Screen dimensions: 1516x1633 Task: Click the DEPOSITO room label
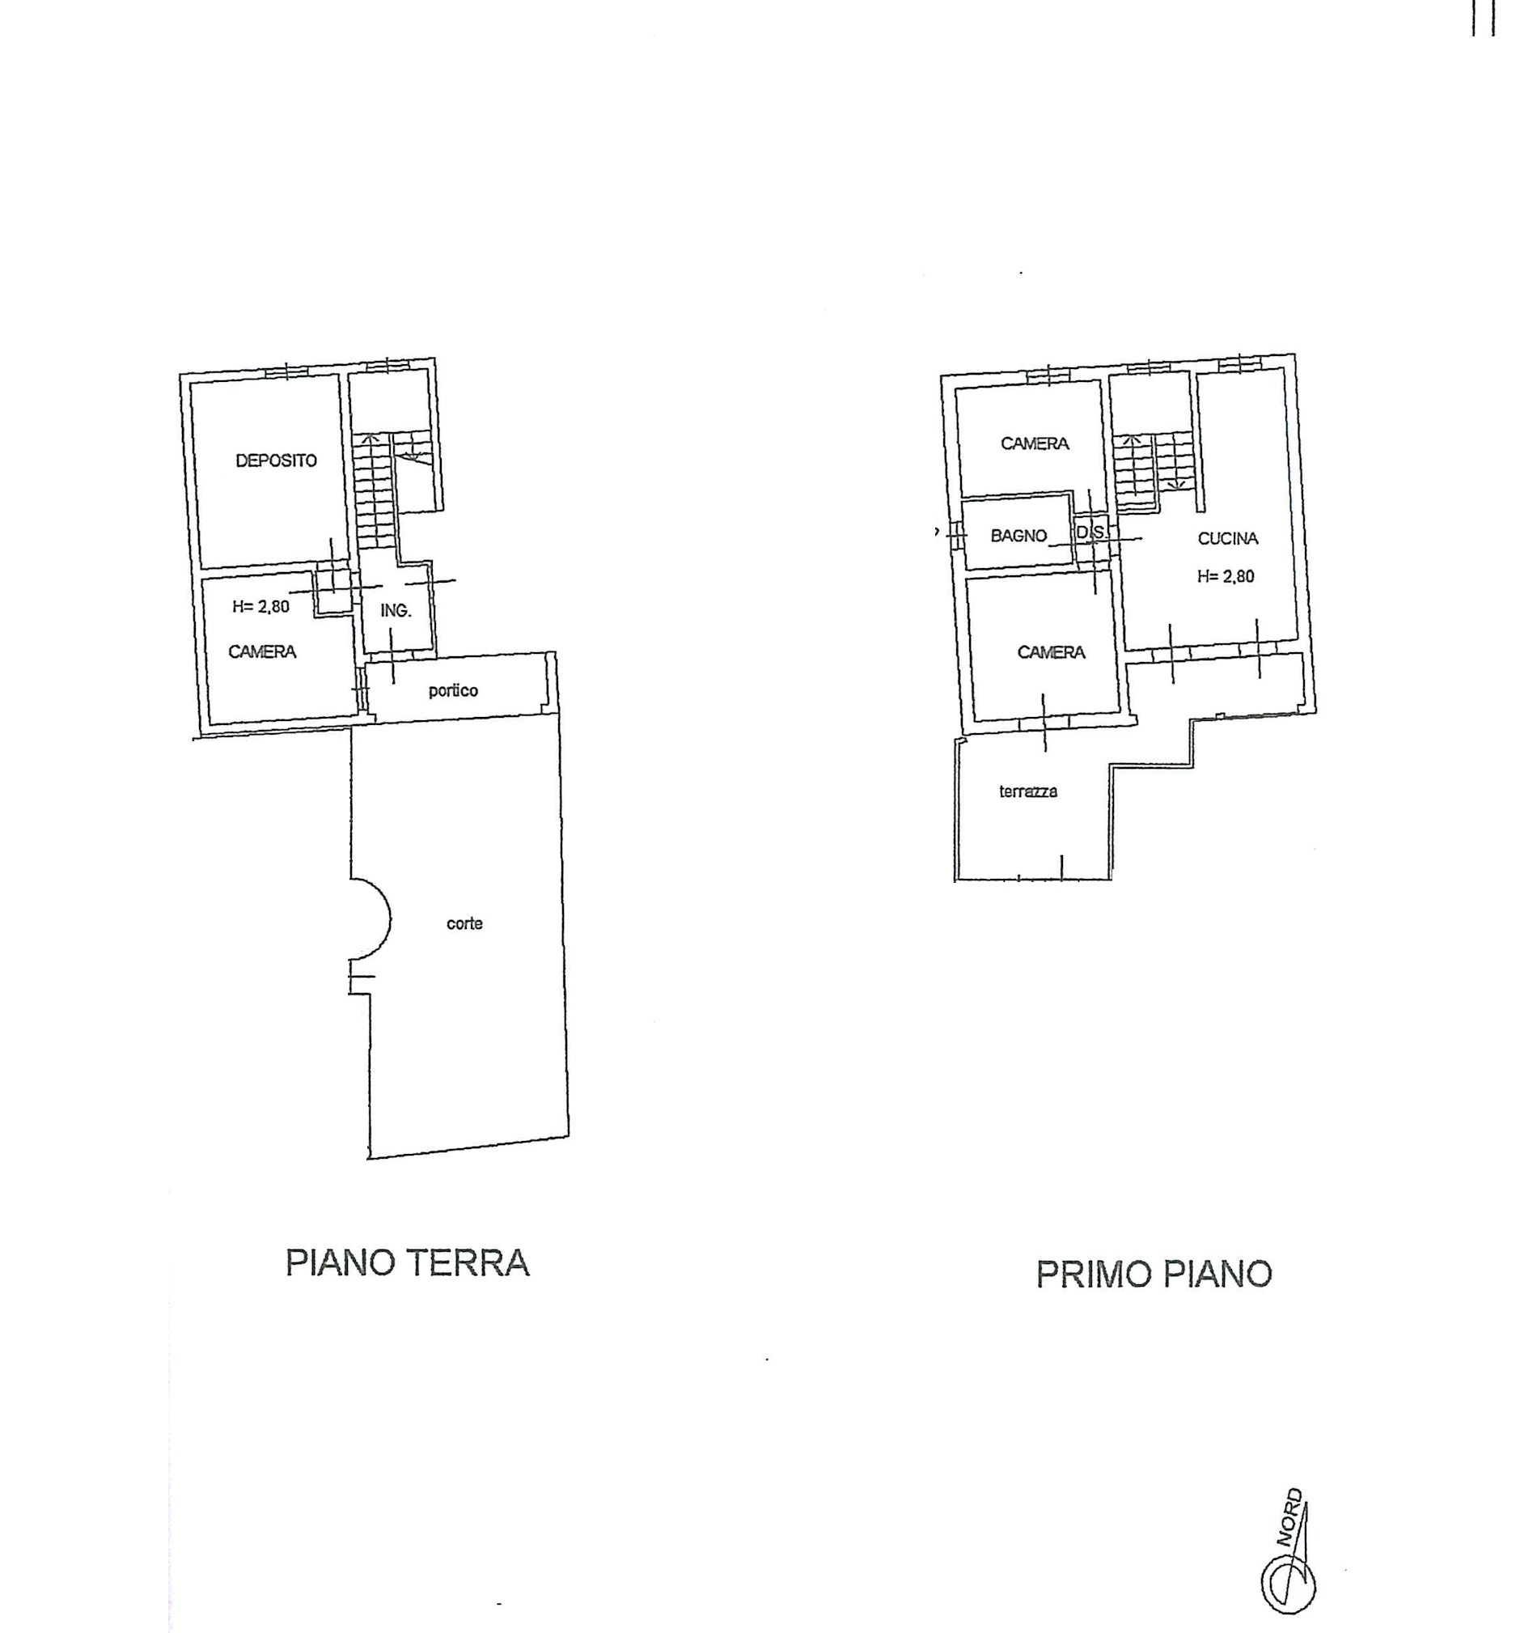277,460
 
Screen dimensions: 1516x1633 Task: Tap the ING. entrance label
396,610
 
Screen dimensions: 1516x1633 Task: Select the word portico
453,691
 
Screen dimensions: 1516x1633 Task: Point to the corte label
464,924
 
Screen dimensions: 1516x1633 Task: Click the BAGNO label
1018,536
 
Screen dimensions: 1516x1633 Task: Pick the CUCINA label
1228,538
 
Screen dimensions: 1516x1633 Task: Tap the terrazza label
1028,792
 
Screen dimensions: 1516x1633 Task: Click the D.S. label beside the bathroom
1090,532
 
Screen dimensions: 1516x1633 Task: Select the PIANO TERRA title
408,1263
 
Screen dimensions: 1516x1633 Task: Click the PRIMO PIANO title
1154,1275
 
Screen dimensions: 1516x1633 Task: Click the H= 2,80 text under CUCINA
1226,576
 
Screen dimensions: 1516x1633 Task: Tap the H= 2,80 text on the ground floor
260,607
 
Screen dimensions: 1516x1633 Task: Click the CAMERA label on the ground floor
261,651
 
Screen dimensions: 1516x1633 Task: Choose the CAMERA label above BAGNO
1035,443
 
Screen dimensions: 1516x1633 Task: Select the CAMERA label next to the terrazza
1051,652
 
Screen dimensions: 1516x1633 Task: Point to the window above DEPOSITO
286,371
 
